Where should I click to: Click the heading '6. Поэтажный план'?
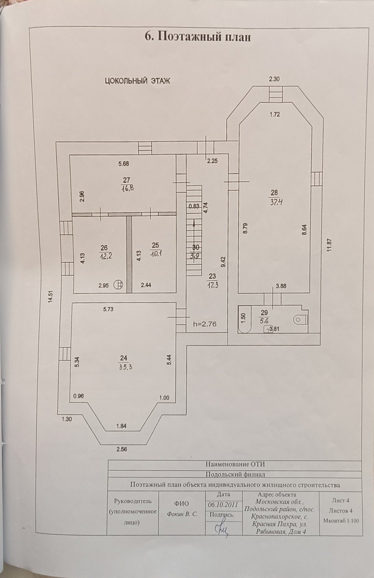point(198,37)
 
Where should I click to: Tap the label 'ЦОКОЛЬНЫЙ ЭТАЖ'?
point(137,81)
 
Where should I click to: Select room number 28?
point(274,193)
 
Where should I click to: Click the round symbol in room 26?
point(118,285)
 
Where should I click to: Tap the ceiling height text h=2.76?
point(205,324)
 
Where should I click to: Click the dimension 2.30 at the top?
point(274,79)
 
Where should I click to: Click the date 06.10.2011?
point(223,504)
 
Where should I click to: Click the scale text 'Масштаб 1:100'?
point(341,520)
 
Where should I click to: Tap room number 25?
point(155,245)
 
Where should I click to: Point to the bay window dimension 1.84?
point(121,426)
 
